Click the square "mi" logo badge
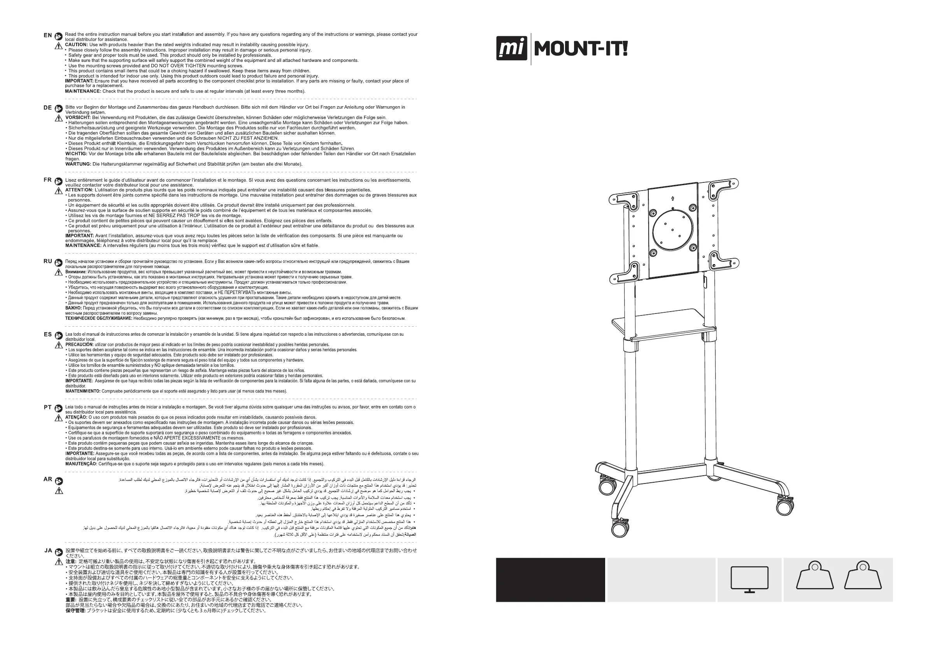(511, 48)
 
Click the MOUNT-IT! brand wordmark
(581, 49)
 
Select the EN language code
(47, 35)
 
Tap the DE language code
(47, 108)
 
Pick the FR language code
(47, 180)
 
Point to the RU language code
(47, 261)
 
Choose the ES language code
(47, 335)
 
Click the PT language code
(47, 407)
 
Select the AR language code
(47, 479)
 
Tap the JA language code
(48, 550)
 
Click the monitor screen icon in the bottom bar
(749, 579)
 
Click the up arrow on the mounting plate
(672, 198)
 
